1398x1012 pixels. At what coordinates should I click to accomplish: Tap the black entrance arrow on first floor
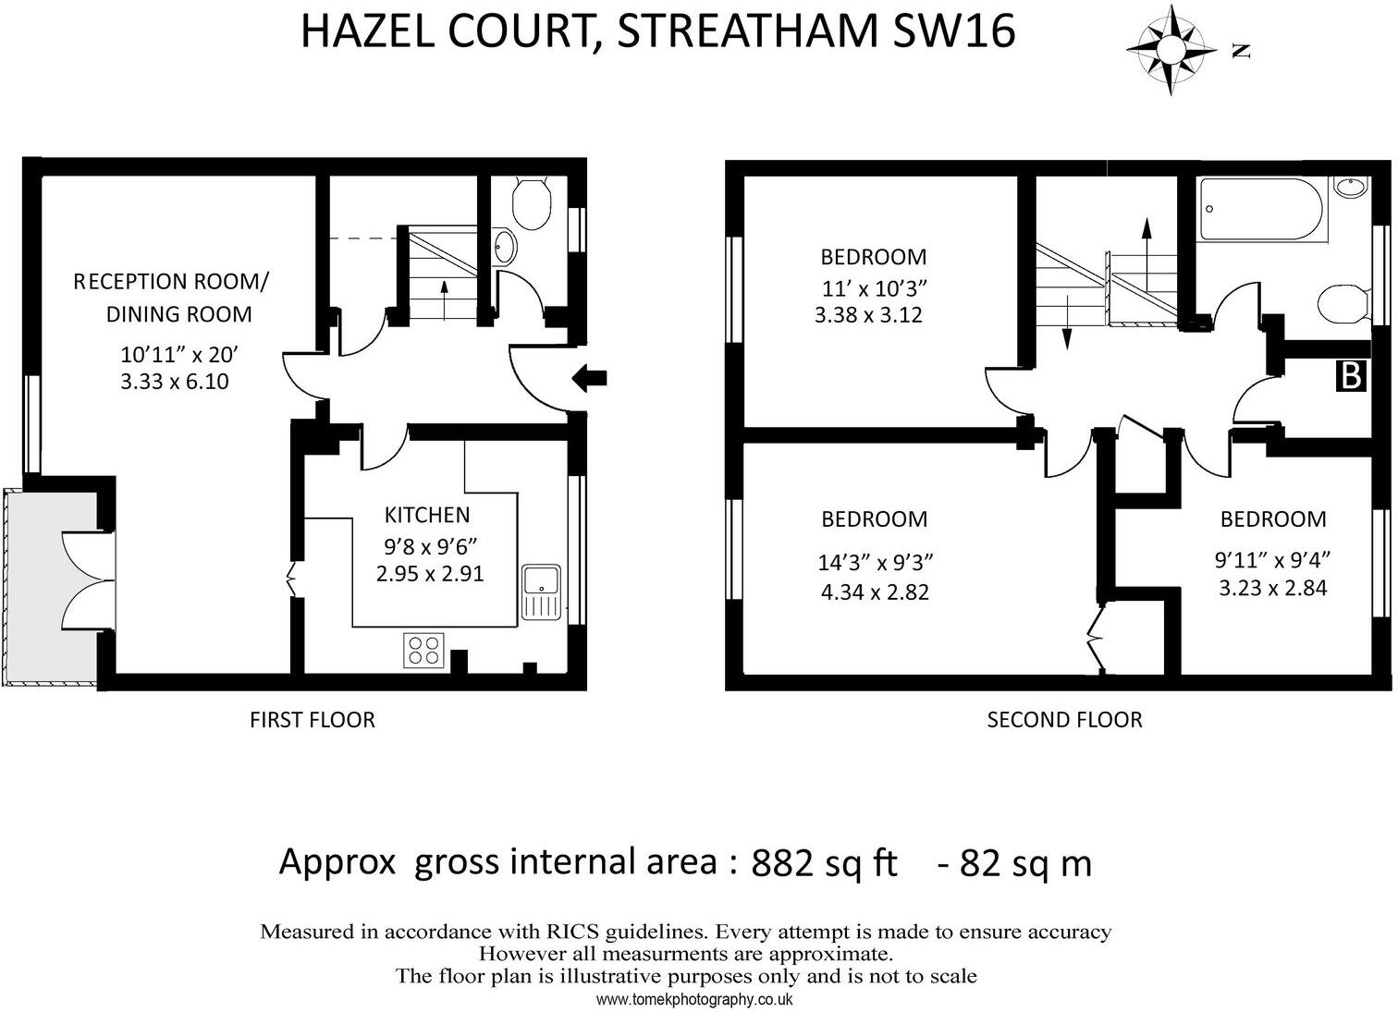(589, 377)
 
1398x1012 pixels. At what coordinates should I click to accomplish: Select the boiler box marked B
(1351, 376)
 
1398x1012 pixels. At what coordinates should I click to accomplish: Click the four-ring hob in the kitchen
(424, 650)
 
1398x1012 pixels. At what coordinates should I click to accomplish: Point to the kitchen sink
(540, 591)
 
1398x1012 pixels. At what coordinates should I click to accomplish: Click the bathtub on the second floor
(1262, 210)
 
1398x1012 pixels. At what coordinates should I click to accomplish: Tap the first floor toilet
(531, 204)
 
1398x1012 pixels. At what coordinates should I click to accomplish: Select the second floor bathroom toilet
(1344, 304)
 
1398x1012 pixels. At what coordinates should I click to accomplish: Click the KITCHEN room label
(426, 515)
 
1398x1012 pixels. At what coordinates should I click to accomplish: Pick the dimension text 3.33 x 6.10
(175, 381)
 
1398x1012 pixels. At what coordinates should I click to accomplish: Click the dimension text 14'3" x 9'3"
(875, 562)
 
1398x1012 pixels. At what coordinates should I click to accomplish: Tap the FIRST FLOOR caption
(312, 720)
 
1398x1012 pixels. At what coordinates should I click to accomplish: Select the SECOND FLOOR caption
(1064, 720)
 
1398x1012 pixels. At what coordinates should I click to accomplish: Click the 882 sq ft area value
(824, 863)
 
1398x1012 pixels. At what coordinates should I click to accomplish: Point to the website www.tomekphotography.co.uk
(694, 999)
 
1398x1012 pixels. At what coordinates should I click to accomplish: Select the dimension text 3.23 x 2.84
(1272, 588)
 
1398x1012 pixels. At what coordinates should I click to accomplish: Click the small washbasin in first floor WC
(505, 246)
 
